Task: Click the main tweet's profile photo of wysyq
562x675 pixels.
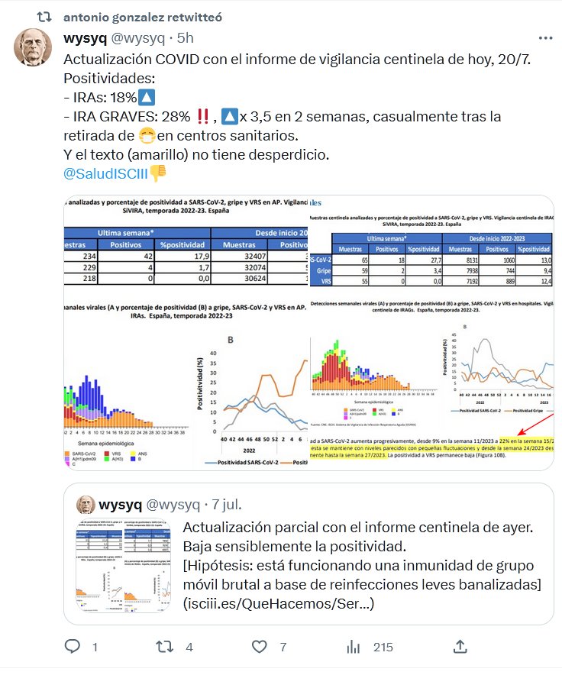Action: click(35, 49)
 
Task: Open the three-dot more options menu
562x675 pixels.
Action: click(545, 37)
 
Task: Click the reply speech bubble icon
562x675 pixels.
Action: click(73, 647)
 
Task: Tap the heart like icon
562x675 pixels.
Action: click(260, 647)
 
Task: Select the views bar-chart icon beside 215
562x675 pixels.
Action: click(353, 647)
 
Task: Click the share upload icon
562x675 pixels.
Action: click(460, 647)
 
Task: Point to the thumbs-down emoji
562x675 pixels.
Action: click(158, 173)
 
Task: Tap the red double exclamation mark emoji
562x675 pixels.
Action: click(204, 117)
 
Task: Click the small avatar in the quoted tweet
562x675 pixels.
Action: click(86, 505)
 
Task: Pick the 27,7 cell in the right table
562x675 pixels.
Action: click(421, 260)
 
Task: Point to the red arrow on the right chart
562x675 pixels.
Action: click(541, 423)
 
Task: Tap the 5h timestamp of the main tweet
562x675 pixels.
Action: click(185, 37)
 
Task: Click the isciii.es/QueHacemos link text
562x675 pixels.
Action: click(279, 602)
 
